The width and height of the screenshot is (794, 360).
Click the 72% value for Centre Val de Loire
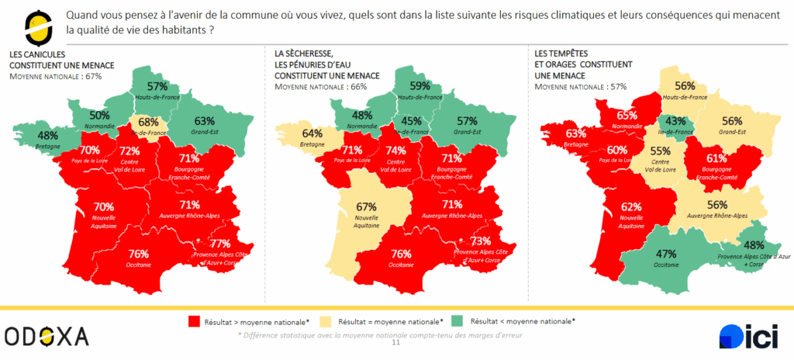129,150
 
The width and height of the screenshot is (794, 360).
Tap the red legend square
193,320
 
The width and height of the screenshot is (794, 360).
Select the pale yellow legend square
324,320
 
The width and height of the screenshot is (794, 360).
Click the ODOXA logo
47,336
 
